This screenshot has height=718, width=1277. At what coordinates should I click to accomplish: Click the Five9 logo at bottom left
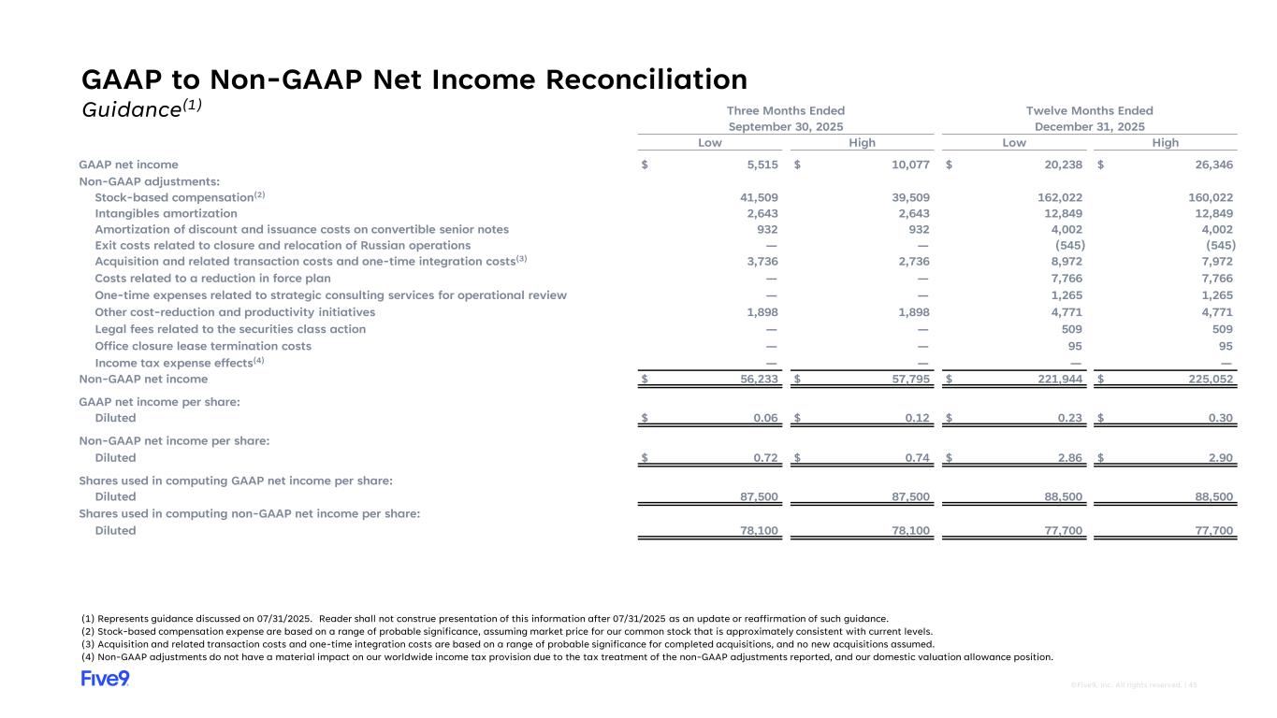tap(105, 679)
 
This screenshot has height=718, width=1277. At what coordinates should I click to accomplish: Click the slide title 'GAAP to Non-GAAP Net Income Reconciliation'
tap(414, 79)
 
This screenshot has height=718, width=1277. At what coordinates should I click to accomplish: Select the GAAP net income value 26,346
tap(1214, 165)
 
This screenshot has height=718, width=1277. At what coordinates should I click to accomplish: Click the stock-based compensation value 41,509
tap(759, 198)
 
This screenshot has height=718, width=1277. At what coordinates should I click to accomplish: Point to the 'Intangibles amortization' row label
tap(166, 214)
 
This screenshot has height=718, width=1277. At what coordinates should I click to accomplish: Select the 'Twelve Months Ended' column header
tap(1089, 110)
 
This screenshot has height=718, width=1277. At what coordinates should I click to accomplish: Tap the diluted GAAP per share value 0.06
tap(766, 418)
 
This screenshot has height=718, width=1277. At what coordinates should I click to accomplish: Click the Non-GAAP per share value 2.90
tap(1220, 458)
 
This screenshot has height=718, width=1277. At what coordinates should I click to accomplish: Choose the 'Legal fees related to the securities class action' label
tap(230, 329)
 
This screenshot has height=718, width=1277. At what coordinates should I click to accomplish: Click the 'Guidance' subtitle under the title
tap(140, 109)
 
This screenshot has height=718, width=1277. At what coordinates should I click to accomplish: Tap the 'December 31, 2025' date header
tap(1089, 126)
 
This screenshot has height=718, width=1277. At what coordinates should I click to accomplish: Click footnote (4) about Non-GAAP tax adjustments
tap(567, 656)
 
